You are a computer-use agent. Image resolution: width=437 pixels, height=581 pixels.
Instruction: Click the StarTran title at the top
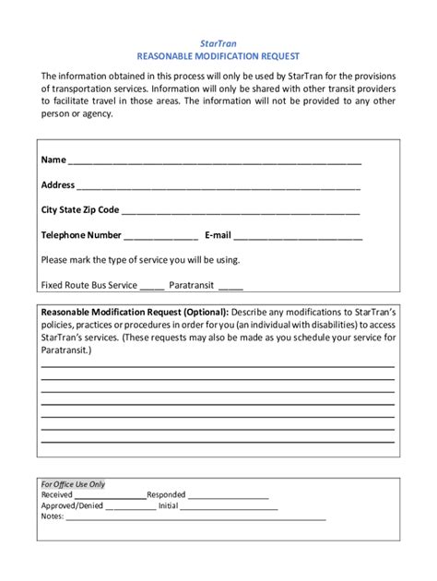[218, 42]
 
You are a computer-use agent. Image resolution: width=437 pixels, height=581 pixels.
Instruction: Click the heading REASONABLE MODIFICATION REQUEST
[218, 56]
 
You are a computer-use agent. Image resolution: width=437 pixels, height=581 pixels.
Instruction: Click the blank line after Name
[214, 162]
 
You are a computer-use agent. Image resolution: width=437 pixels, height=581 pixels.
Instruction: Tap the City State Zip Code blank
[241, 212]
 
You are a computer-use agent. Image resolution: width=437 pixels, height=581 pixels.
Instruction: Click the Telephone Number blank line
[160, 237]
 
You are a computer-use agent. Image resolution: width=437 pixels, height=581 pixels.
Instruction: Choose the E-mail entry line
[298, 237]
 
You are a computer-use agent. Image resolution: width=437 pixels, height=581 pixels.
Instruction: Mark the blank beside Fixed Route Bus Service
[152, 287]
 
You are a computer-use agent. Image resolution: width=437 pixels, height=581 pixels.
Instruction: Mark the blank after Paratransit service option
[230, 287]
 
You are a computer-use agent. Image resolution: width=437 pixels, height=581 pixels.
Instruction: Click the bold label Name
[53, 160]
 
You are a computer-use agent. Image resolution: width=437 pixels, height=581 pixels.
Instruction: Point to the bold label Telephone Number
[81, 235]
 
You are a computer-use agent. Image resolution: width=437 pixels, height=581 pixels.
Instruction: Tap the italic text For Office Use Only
[74, 484]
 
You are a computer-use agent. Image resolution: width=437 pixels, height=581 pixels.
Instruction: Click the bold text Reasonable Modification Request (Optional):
[134, 312]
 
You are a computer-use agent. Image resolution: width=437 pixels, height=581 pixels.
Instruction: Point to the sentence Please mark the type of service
[140, 260]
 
